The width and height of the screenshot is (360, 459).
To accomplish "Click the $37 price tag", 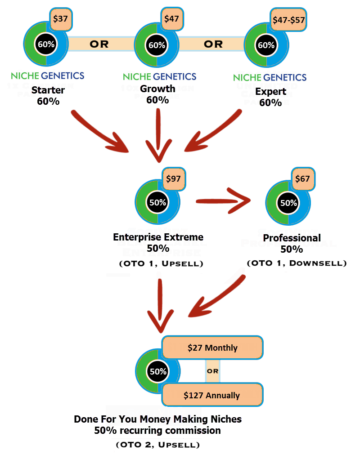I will [60, 19].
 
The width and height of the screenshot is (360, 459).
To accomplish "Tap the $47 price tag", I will [171, 19].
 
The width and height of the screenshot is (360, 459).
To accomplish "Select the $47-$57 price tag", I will [289, 20].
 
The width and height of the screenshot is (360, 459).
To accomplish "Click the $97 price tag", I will [173, 178].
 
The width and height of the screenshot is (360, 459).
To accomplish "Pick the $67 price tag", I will [302, 178].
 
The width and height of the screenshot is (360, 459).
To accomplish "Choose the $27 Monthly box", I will [212, 348].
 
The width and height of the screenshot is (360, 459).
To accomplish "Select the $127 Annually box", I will [212, 396].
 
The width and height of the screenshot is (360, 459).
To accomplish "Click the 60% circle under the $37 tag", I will [46, 45].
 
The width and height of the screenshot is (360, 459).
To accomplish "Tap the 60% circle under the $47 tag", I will [157, 45].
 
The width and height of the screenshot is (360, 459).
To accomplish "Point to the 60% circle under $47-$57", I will [266, 45].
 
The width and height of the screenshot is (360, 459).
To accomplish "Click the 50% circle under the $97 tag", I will [157, 202].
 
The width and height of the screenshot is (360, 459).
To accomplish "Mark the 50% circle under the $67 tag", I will [288, 202].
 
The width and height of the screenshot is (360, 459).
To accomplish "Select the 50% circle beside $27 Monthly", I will [158, 372].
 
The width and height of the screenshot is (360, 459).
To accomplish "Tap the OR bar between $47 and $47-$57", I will [212, 44].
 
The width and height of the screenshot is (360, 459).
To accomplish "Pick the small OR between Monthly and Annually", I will [212, 372].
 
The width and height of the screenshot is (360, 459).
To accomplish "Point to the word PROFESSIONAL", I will [288, 243].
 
